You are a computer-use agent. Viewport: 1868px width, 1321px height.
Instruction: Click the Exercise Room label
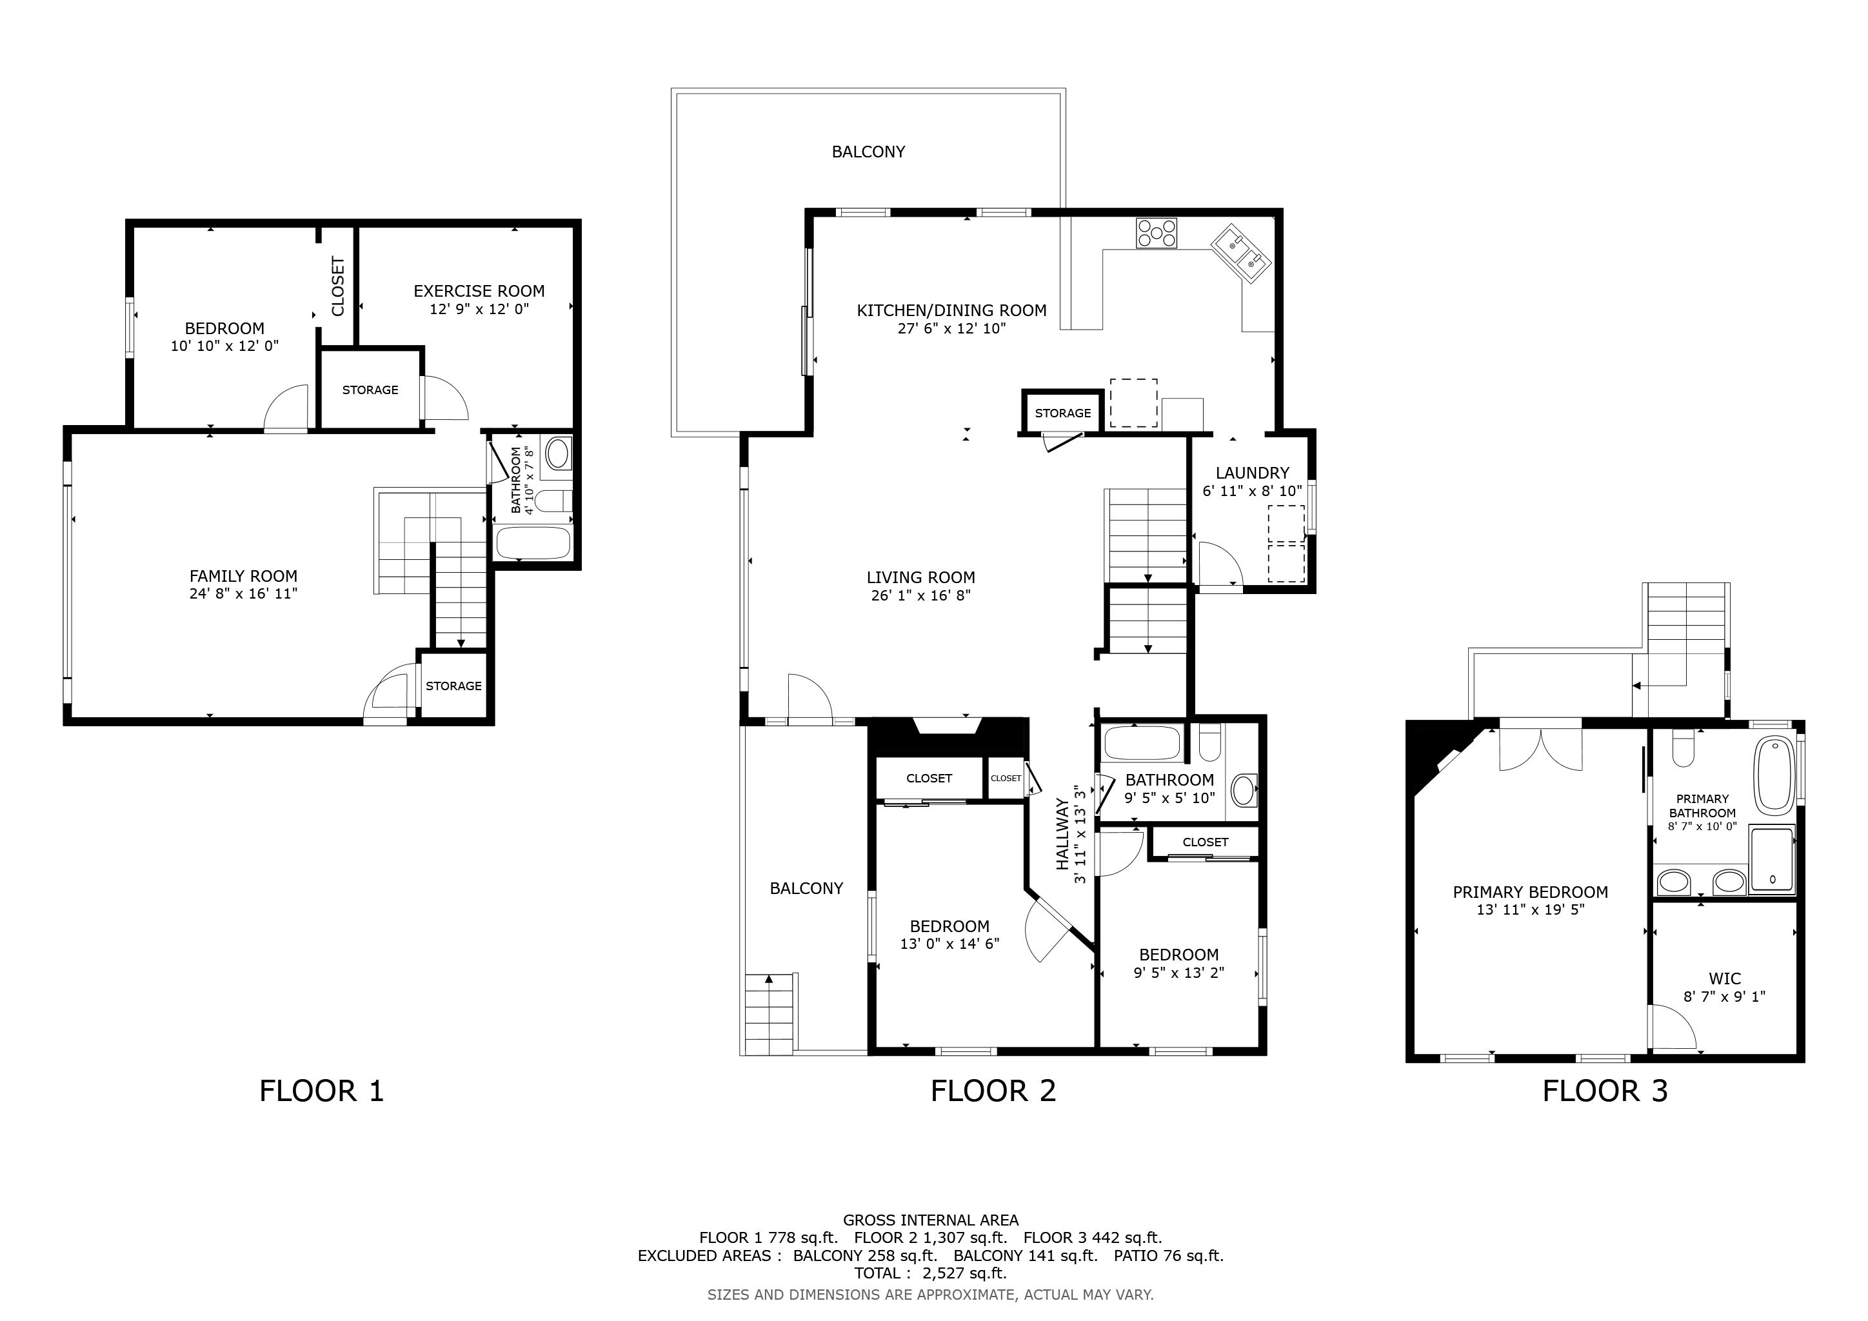479,290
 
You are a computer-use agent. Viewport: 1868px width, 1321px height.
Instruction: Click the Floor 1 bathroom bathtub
533,542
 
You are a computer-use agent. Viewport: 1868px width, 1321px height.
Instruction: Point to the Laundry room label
1252,473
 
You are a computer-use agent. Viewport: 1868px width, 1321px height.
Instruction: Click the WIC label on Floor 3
1724,978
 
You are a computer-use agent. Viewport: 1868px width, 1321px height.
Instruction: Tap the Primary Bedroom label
1531,891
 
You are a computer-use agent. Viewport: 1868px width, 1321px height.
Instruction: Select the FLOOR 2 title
993,1091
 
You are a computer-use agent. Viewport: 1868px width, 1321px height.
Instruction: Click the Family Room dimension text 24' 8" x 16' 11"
243,594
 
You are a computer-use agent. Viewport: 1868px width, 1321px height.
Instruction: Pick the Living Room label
920,577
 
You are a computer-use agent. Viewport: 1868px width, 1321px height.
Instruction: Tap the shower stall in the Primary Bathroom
1772,860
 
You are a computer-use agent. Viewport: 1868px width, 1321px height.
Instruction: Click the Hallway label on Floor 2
1062,834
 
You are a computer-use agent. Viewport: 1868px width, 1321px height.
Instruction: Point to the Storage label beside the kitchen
1062,413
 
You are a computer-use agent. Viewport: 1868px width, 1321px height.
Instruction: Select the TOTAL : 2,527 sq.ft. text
930,1273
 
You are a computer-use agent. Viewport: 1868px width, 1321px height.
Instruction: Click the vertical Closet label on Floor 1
337,286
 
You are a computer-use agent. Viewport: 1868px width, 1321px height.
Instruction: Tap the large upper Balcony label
868,152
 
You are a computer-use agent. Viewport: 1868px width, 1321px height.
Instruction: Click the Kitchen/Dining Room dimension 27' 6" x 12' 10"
951,328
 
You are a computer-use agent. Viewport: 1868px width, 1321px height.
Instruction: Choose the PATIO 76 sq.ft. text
1168,1255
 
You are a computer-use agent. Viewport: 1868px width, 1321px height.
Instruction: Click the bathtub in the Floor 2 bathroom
1142,742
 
